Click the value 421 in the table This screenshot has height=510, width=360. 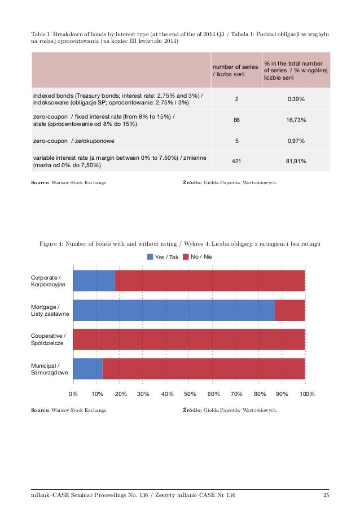coord(236,161)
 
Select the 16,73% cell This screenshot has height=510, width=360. coord(296,120)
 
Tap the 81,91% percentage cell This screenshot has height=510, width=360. coord(296,161)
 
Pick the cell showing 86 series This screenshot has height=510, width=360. coord(236,120)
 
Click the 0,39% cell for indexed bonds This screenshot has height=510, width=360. coord(296,99)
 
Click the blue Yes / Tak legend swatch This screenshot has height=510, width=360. coord(150,257)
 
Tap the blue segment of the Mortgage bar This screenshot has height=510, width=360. coord(174,310)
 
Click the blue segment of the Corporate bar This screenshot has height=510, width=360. coord(94,281)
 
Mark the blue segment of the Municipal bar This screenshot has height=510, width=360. coord(87,369)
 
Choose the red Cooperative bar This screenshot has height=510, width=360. coord(189,339)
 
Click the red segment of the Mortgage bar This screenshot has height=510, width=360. coord(289,310)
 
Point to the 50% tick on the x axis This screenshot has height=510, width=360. coord(190,393)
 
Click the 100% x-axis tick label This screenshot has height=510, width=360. coord(307,393)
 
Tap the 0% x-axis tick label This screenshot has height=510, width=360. coord(73,393)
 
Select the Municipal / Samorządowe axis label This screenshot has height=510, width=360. coord(50,369)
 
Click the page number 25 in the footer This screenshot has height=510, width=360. coord(326,495)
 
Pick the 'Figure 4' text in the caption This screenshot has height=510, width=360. coord(50,243)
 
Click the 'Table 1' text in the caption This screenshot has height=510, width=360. coord(41,34)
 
